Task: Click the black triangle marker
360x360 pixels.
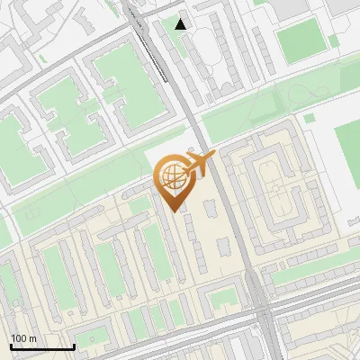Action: (182, 24)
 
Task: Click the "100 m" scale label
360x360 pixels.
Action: (23, 338)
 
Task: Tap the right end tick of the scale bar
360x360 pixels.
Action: (74, 346)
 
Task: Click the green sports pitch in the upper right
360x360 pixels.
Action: (301, 41)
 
